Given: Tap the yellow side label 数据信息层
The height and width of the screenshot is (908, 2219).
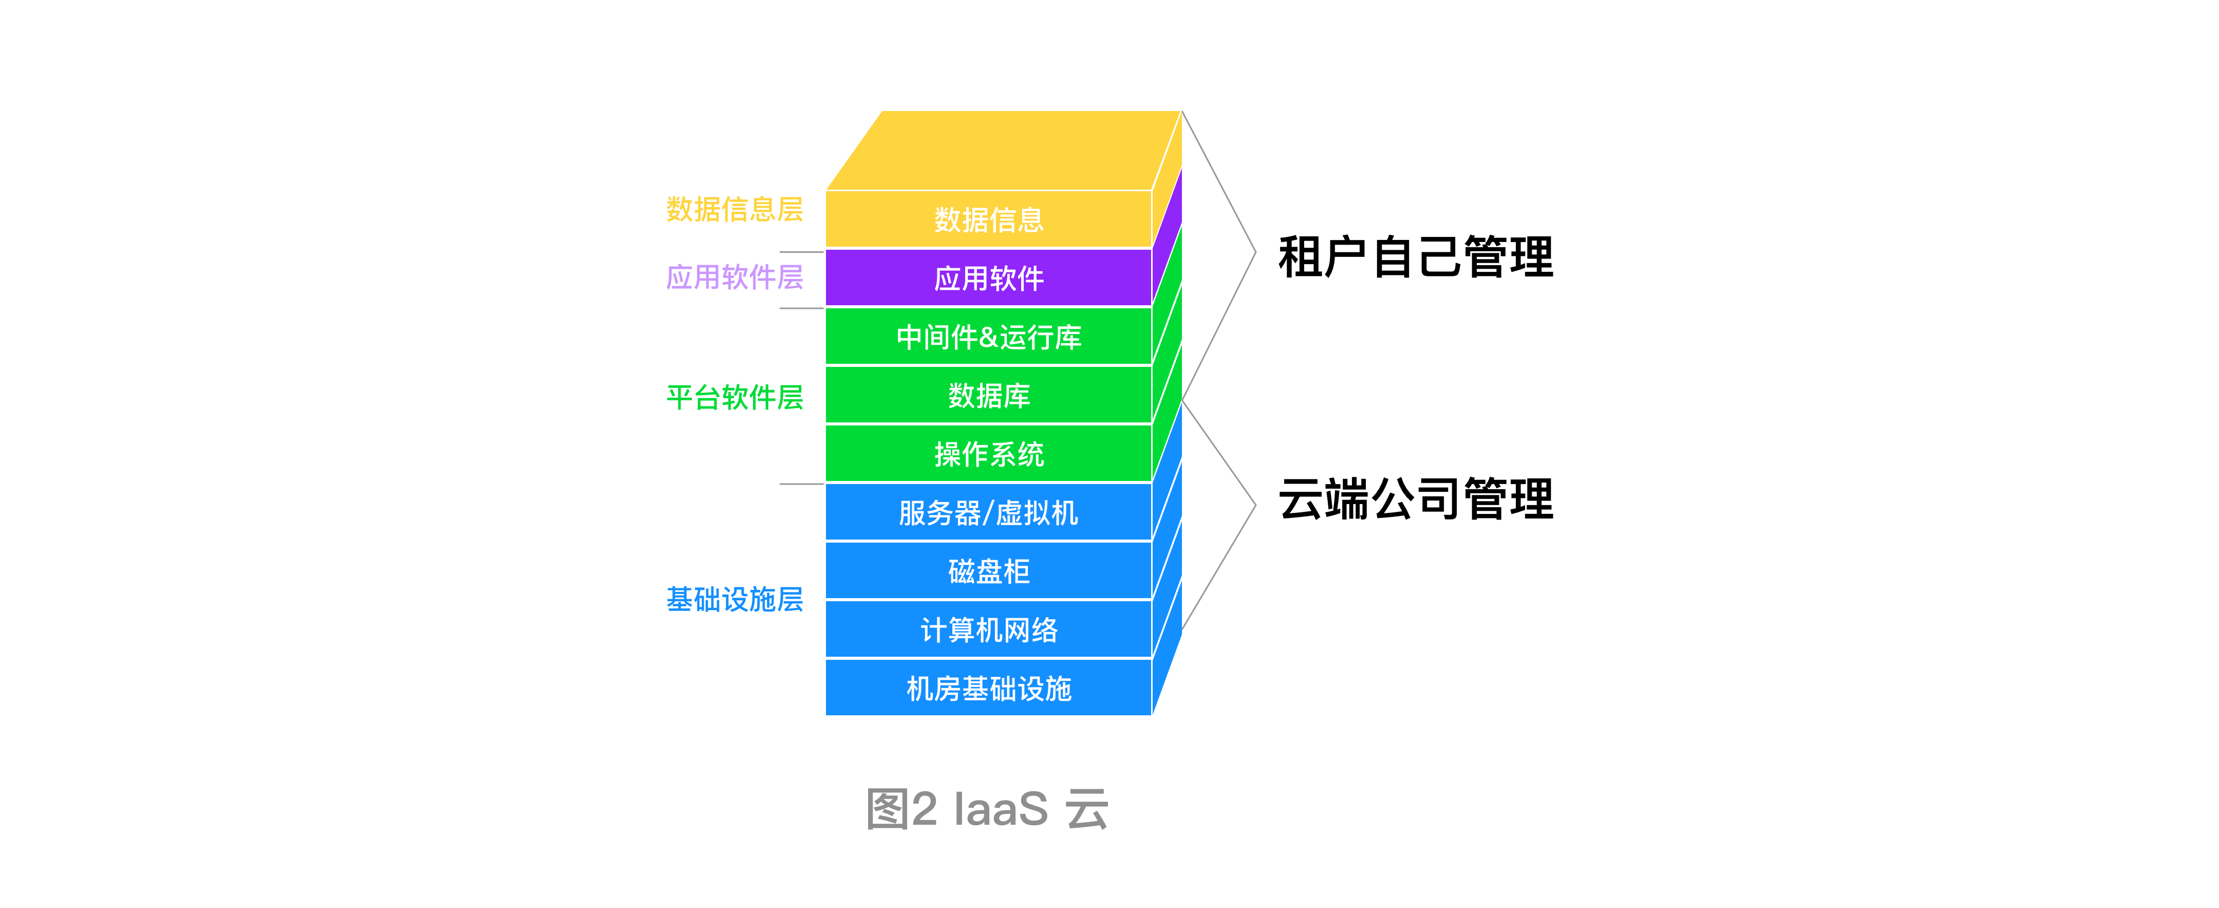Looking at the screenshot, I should point(734,209).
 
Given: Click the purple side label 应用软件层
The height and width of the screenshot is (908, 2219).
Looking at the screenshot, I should point(734,277).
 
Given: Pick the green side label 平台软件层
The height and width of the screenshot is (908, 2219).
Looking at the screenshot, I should point(734,397).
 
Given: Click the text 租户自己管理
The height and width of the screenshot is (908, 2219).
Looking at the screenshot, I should point(1415,257).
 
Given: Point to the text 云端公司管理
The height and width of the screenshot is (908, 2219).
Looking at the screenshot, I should point(1415,499).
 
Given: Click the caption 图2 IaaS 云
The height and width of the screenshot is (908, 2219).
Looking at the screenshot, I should point(987,809).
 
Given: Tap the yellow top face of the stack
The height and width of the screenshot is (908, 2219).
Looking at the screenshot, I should point(1004,150).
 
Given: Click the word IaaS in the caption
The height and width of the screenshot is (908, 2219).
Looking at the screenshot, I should point(1001,809).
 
